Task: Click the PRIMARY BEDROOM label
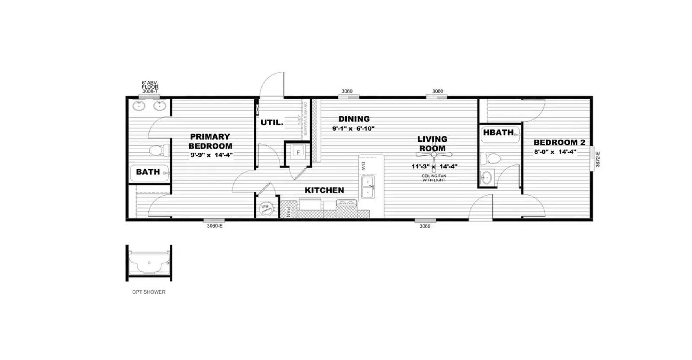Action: [210, 141]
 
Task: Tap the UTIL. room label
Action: [272, 123]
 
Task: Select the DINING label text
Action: [354, 119]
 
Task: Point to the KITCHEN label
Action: [324, 190]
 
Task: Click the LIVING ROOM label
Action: [432, 144]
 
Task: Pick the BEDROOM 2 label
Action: [559, 142]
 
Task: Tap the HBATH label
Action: [498, 133]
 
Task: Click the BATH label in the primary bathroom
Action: [148, 172]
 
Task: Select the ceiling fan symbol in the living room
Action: [434, 154]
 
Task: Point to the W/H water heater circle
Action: [265, 207]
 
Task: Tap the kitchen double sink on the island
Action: [368, 187]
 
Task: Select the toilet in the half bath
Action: [490, 158]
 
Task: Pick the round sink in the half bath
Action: [487, 177]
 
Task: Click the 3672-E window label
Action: [598, 159]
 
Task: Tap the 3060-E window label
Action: [214, 226]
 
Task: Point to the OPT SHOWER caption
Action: [149, 292]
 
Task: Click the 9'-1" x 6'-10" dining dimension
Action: [353, 129]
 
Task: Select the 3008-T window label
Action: [150, 91]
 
